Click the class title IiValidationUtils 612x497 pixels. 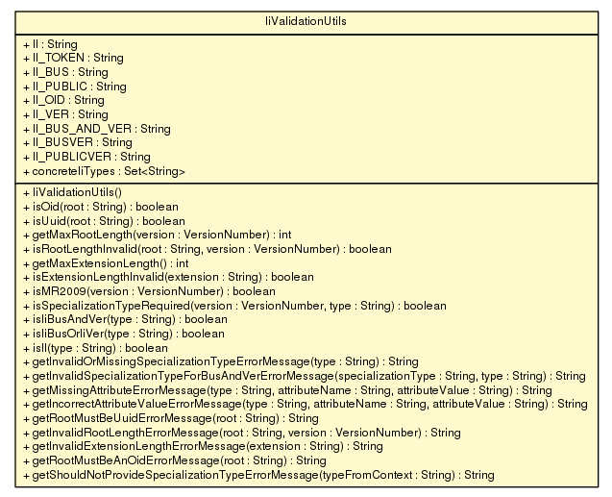click(306, 21)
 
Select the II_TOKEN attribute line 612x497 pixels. click(73, 59)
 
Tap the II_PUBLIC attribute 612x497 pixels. click(75, 87)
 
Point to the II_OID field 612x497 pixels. click(64, 101)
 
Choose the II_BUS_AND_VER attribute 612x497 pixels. click(97, 129)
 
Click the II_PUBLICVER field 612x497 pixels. click(87, 157)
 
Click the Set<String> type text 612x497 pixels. click(155, 171)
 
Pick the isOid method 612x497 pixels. click(101, 207)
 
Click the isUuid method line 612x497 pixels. click(104, 221)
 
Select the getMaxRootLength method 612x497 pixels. click(158, 235)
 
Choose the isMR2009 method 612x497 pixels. click(149, 291)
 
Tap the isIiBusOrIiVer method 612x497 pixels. click(124, 335)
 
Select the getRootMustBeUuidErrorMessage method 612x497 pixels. click(171, 419)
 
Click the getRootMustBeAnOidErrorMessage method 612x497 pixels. click(175, 461)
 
